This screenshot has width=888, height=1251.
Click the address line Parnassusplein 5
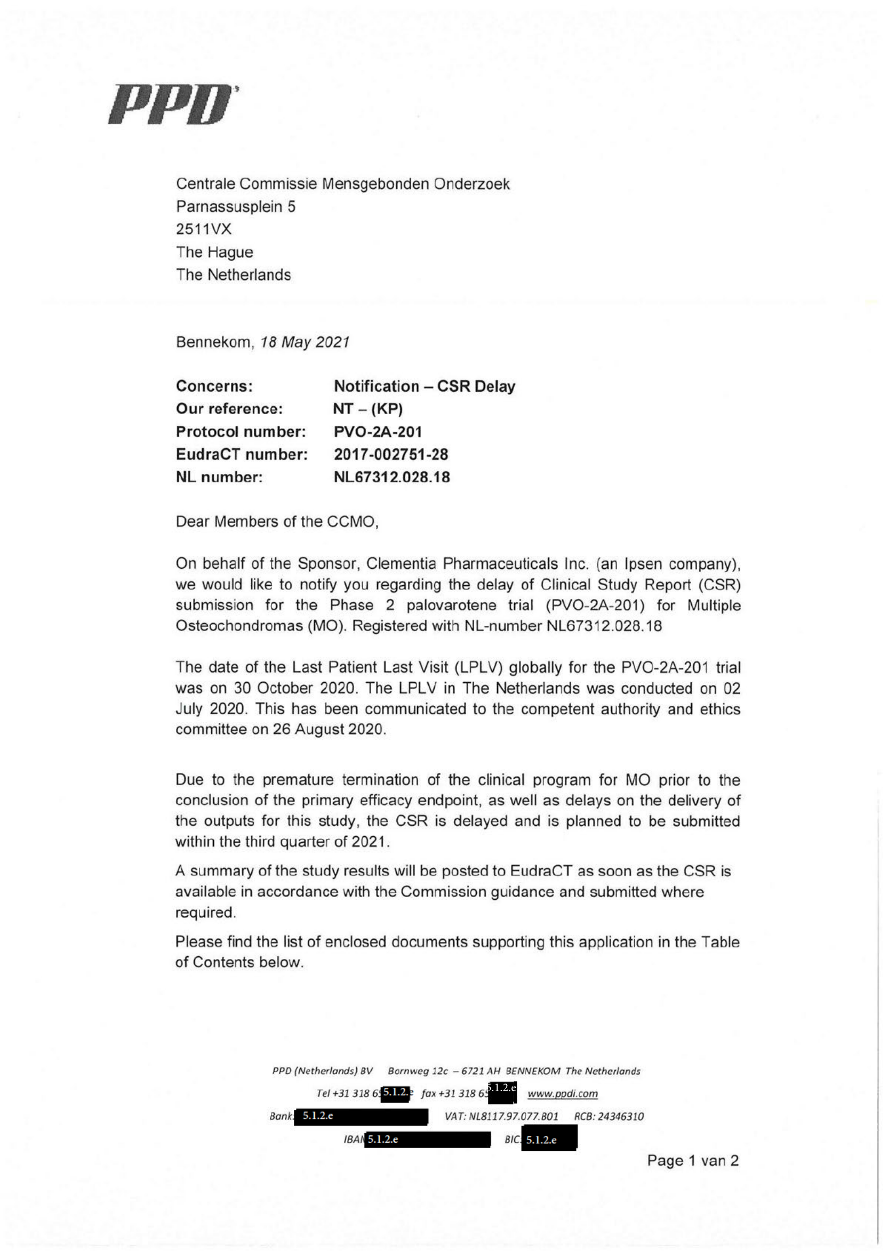coord(236,207)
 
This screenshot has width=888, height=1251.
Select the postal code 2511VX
coord(203,229)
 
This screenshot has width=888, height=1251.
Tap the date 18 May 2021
coord(305,342)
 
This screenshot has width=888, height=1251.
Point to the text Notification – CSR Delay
coord(425,386)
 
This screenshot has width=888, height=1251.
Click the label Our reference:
coord(229,409)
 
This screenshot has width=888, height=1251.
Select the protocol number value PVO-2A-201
coord(378,432)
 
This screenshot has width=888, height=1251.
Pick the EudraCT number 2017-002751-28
coord(391,454)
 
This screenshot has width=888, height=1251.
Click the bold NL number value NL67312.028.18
coord(392,477)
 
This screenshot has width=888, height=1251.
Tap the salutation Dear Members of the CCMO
coord(277,521)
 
